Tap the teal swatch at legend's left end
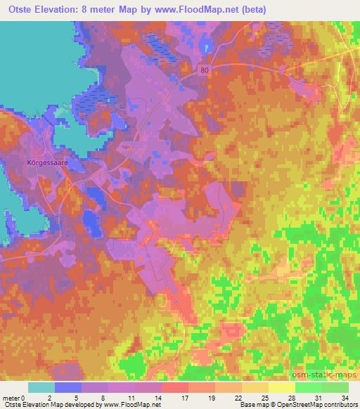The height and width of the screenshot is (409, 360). click(x=41, y=387)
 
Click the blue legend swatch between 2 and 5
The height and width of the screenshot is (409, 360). click(x=68, y=387)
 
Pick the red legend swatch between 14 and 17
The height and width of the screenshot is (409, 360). click(x=175, y=387)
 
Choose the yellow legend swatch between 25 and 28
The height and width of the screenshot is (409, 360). click(x=282, y=387)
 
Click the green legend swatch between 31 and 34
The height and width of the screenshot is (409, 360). click(x=335, y=387)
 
